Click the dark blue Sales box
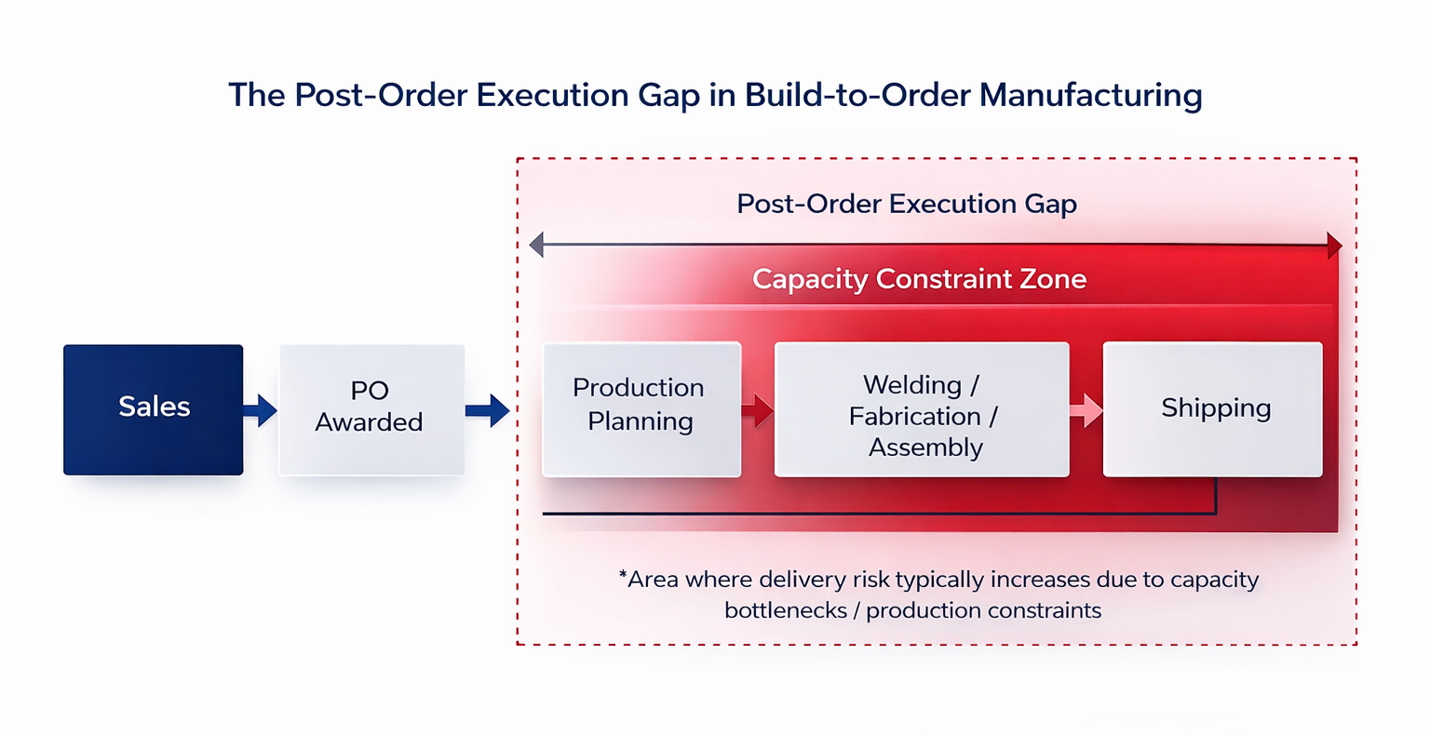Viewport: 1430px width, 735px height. click(x=154, y=409)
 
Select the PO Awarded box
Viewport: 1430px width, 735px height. click(x=371, y=409)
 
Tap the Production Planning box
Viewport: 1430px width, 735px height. click(x=641, y=409)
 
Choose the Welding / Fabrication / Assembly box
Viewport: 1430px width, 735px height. click(x=922, y=409)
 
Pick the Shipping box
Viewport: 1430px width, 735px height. click(x=1212, y=409)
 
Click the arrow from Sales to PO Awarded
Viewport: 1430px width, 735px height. click(x=261, y=409)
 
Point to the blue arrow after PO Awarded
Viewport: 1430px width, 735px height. click(x=488, y=409)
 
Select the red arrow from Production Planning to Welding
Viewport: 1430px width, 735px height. click(x=758, y=409)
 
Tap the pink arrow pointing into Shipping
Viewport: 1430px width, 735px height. click(x=1086, y=409)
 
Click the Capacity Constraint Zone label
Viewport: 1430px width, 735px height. click(x=919, y=279)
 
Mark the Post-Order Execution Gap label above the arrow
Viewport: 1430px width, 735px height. click(x=907, y=204)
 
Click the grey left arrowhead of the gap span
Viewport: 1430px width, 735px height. click(x=536, y=246)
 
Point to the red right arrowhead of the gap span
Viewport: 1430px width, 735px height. click(x=1335, y=247)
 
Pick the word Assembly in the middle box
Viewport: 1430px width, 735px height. click(x=925, y=448)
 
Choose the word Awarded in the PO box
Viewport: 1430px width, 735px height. click(x=369, y=422)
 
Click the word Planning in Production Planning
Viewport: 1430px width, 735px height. click(x=641, y=421)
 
